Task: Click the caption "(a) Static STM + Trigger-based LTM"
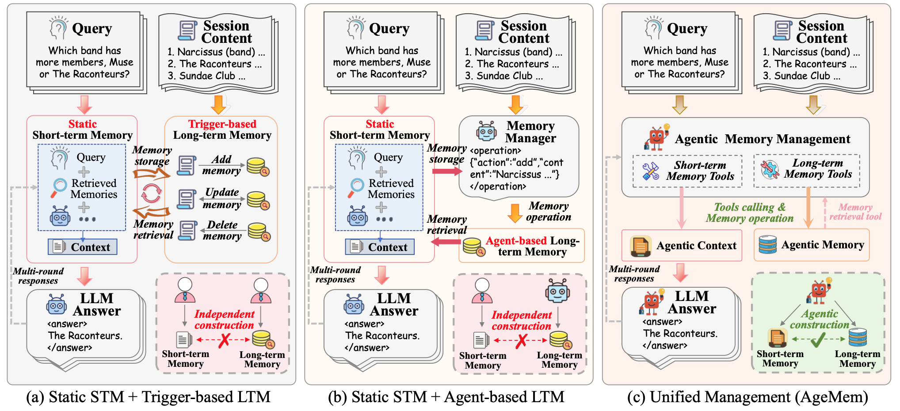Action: tap(148, 397)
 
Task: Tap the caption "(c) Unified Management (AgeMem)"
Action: tap(747, 397)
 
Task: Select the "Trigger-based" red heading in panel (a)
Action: tap(222, 124)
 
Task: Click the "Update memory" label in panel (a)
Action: tap(222, 198)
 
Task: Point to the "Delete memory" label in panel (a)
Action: tap(222, 230)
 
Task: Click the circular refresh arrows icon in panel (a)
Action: tap(151, 193)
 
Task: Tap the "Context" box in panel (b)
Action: tap(380, 247)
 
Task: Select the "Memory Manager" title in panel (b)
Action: tap(530, 132)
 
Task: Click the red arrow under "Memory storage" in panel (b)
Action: tap(446, 171)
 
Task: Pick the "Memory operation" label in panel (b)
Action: tap(549, 211)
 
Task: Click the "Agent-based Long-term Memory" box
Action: tap(522, 246)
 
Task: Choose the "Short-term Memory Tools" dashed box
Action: tap(687, 171)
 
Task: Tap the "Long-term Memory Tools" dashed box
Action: tap(807, 169)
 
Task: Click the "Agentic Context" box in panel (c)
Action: tap(682, 245)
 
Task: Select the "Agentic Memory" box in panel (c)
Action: tap(812, 245)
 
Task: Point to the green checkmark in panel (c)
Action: tap(818, 340)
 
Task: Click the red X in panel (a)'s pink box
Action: tap(225, 340)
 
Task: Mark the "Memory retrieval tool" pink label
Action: tap(855, 212)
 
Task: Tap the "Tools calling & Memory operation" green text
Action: tap(750, 213)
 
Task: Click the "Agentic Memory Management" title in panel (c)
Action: tap(762, 139)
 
